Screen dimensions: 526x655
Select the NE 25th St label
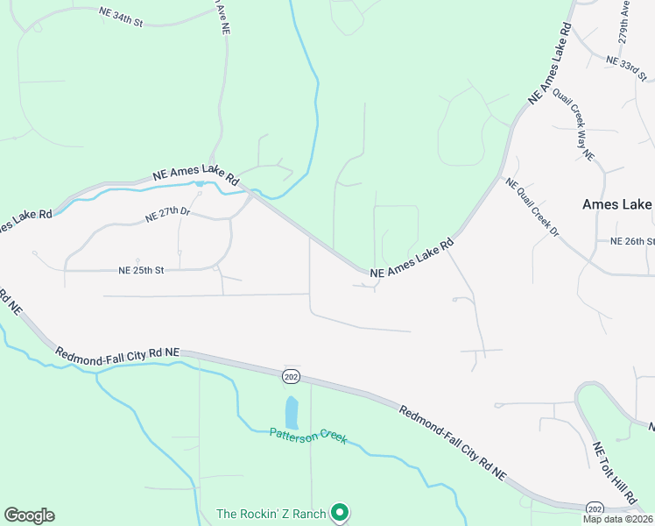(x=142, y=271)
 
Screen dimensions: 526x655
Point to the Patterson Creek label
(x=307, y=436)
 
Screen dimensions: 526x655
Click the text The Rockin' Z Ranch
(x=271, y=514)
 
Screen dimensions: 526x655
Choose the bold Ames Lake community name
(x=617, y=204)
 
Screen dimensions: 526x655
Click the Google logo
(x=29, y=515)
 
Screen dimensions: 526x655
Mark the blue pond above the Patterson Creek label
(x=292, y=410)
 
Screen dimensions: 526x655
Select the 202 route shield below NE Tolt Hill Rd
(x=595, y=508)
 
